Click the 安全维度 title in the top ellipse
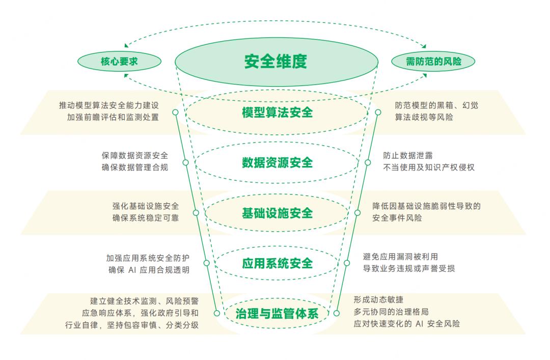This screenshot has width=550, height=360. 276,62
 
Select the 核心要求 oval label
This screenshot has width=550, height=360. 119,62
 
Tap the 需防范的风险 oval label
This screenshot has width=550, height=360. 433,62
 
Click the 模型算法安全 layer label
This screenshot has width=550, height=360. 277,112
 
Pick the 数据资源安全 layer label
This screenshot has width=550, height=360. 277,162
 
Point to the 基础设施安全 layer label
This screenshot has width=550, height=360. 277,213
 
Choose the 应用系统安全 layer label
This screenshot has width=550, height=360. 277,263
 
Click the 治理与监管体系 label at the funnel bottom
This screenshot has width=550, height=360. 277,314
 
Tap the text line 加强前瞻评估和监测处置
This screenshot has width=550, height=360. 113,117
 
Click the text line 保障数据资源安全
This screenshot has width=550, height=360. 134,156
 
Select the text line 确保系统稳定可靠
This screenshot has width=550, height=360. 146,218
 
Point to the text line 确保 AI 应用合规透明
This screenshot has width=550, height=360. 149,270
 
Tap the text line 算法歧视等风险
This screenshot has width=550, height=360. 424,117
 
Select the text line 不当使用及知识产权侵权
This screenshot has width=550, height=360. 428,168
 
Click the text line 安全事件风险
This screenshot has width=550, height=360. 397,218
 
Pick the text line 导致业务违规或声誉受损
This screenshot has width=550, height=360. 408,268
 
